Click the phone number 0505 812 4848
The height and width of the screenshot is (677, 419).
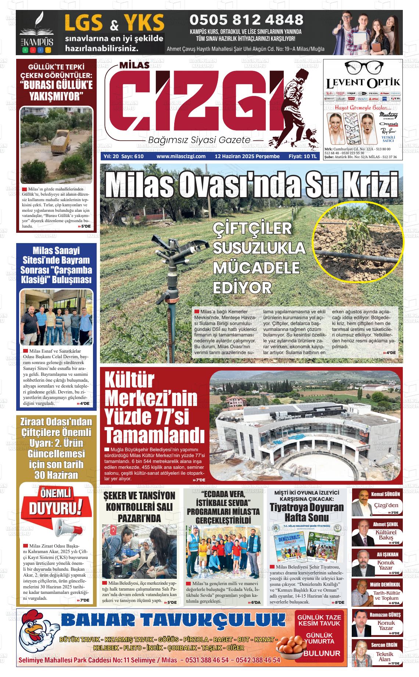pyautogui.click(x=246, y=19)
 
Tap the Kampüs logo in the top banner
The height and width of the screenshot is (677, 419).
pyautogui.click(x=36, y=32)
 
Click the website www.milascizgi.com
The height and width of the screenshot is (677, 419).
pyautogui.click(x=181, y=156)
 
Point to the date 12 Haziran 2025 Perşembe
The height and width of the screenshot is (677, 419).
pyautogui.click(x=247, y=156)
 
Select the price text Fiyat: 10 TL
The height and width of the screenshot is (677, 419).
pyautogui.click(x=302, y=156)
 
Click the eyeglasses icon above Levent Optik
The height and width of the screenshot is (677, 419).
pyautogui.click(x=363, y=67)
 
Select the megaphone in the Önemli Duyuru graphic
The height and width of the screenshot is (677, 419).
pyautogui.click(x=69, y=528)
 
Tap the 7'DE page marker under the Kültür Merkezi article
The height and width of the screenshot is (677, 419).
pyautogui.click(x=200, y=480)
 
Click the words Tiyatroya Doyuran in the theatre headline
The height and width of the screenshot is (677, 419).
pyautogui.click(x=301, y=507)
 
